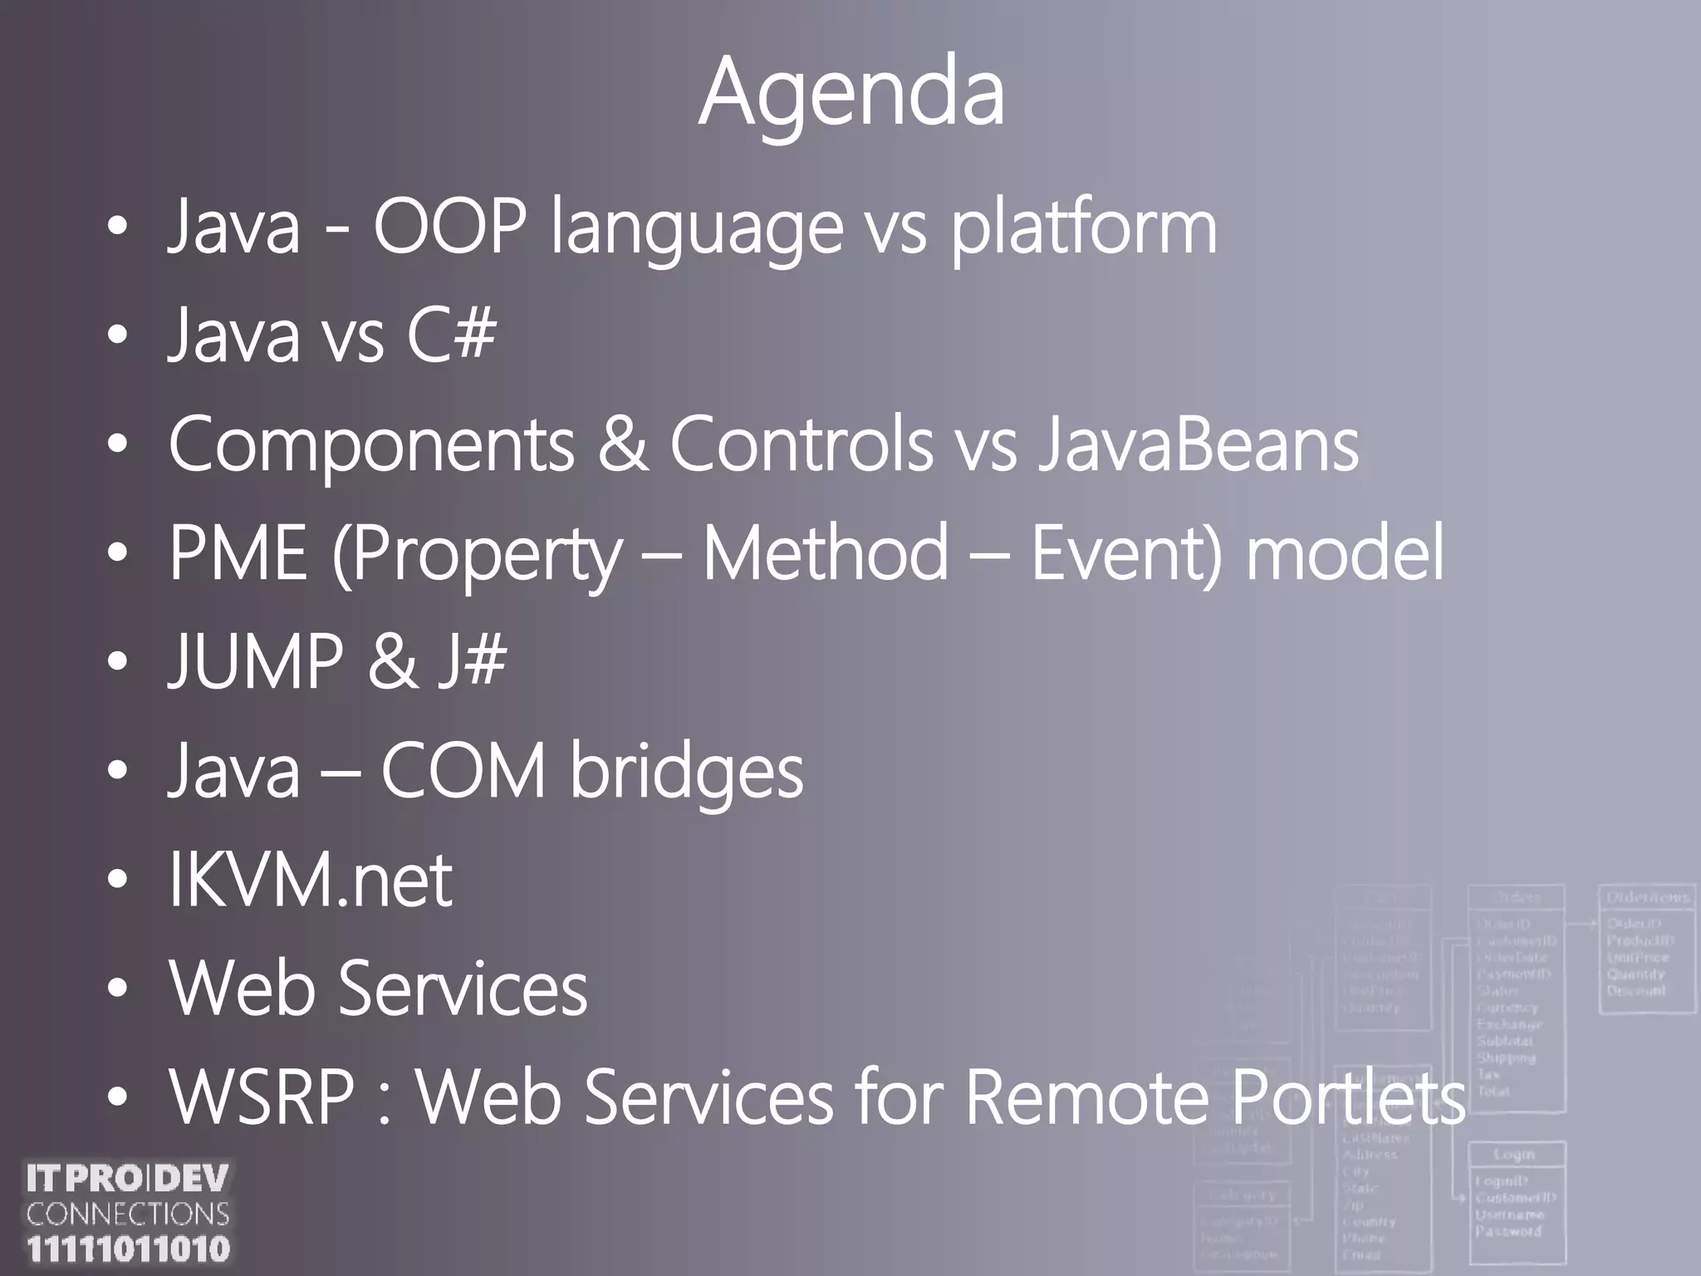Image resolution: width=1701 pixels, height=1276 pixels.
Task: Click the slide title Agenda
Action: coord(850,93)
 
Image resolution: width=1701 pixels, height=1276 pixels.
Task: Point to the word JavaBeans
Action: coord(1198,444)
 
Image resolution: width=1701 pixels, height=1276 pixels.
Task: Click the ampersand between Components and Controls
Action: coord(622,444)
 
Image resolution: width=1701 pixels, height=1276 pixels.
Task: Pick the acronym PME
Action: coord(238,552)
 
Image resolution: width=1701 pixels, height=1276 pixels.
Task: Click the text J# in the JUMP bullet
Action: coord(472,661)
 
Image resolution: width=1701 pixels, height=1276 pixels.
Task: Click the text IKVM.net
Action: coord(311,880)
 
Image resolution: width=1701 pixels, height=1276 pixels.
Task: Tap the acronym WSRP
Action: coord(262,1098)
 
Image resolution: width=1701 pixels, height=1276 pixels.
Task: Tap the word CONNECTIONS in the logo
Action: coord(128,1215)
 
